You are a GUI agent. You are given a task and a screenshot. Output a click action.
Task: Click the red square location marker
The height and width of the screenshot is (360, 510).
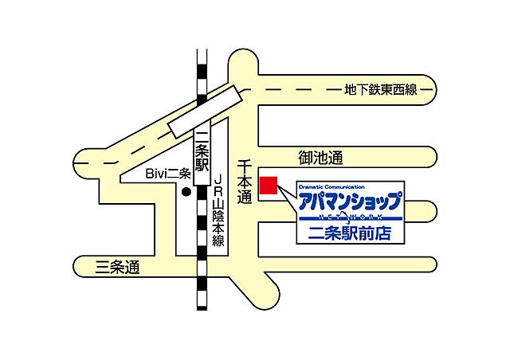pyautogui.click(x=270, y=185)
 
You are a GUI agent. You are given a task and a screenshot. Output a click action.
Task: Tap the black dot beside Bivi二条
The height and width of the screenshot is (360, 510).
pyautogui.click(x=186, y=192)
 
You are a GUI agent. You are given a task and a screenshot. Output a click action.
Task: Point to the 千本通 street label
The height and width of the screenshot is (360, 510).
pyautogui.click(x=245, y=181)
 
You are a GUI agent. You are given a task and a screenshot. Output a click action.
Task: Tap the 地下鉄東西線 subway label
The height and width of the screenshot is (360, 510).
pyautogui.click(x=380, y=90)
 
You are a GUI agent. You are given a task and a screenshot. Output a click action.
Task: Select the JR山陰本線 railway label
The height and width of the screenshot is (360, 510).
pyautogui.click(x=218, y=211)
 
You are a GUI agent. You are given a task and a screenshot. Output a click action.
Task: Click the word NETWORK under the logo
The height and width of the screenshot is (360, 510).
pyautogui.click(x=348, y=217)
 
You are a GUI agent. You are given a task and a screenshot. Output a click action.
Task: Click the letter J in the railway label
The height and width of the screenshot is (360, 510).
pyautogui.click(x=218, y=181)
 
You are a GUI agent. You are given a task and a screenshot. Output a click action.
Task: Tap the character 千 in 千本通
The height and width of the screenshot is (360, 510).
pyautogui.click(x=245, y=166)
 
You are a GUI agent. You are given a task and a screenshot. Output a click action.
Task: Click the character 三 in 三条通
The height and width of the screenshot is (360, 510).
pyautogui.click(x=101, y=268)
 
